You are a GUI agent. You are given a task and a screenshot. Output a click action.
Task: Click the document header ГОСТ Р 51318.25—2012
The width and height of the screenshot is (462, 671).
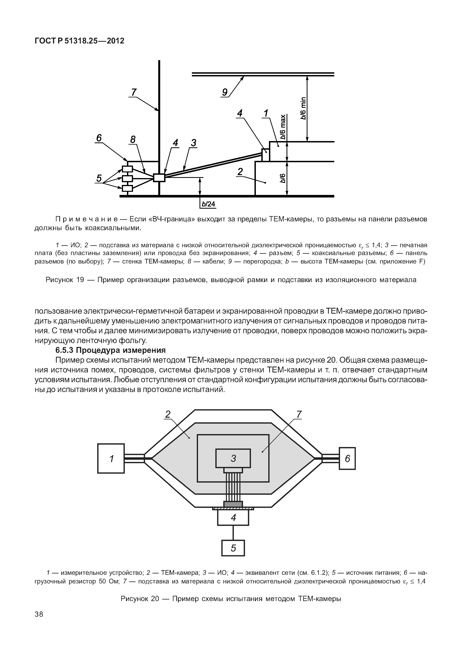[79, 41]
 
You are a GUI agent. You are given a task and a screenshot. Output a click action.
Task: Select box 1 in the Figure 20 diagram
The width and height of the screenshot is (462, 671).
[111, 458]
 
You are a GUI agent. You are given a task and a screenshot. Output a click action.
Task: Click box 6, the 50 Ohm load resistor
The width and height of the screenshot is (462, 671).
[347, 458]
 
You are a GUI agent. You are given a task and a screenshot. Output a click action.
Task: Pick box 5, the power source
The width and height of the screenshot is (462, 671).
[233, 548]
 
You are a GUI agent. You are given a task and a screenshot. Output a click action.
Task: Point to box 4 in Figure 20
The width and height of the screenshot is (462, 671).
[233, 518]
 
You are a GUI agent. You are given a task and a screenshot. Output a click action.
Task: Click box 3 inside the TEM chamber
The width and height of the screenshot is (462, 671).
[233, 458]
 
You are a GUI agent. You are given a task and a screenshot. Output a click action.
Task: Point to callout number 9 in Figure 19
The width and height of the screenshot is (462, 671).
[225, 92]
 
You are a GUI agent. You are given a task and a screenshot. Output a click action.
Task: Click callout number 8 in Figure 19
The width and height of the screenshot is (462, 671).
[133, 140]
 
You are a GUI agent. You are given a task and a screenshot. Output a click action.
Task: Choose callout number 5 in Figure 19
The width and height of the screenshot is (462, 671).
[99, 178]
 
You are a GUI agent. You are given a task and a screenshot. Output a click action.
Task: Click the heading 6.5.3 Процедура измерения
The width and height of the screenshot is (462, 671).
[111, 350]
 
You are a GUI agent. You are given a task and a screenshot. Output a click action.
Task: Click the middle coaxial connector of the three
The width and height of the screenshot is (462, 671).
[127, 178]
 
